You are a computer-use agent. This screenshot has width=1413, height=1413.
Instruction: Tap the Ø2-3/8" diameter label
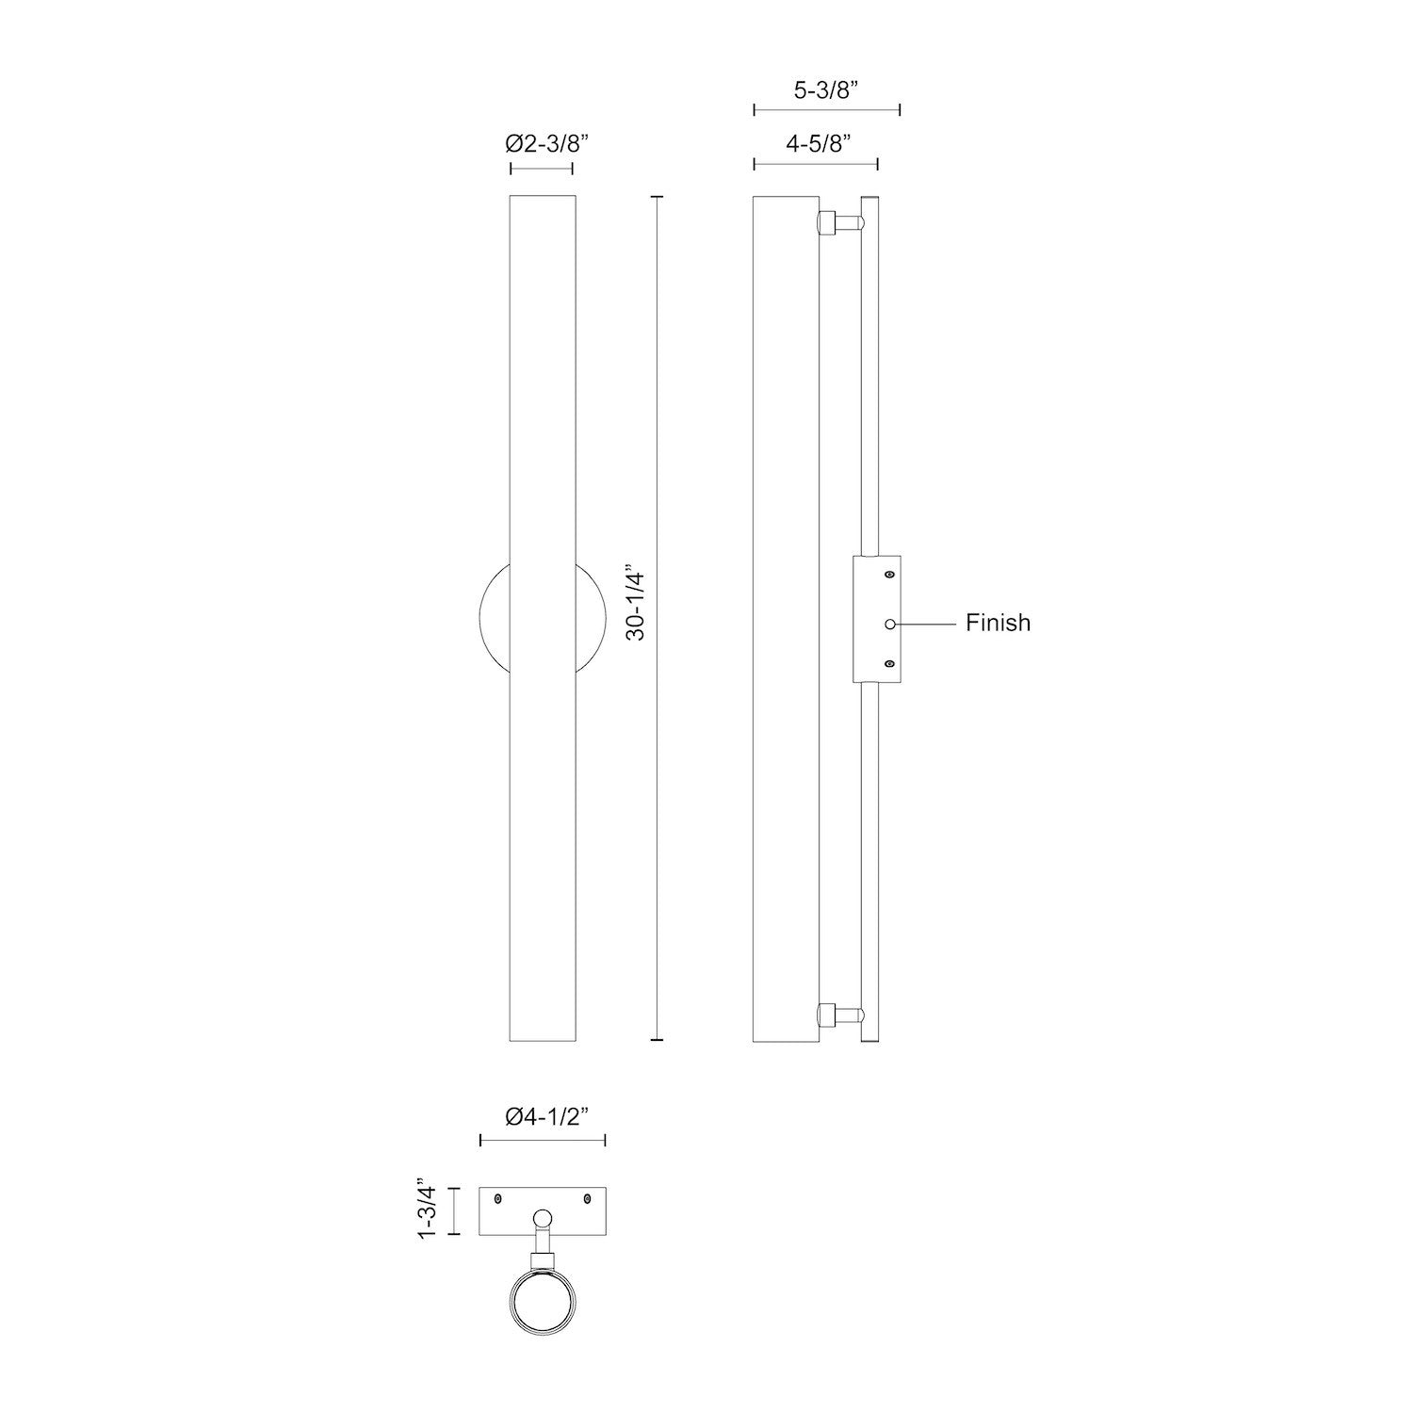click(546, 144)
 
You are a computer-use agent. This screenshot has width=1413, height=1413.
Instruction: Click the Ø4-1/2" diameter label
click(546, 1117)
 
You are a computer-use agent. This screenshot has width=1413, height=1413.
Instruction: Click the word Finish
click(998, 623)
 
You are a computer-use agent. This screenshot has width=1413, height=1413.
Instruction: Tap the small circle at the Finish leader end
click(889, 624)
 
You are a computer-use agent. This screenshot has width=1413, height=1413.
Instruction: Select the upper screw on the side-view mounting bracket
click(889, 574)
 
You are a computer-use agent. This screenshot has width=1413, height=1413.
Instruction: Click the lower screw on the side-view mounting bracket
click(889, 665)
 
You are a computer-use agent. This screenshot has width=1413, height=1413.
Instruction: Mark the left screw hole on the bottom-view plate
click(498, 1199)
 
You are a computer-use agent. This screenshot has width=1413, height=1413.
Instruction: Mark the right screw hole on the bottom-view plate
click(587, 1199)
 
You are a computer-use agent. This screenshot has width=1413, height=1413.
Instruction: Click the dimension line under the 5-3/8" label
click(827, 111)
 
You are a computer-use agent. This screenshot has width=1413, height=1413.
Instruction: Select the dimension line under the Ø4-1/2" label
click(543, 1141)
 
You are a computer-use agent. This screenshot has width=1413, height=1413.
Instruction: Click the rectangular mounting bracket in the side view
click(876, 619)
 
